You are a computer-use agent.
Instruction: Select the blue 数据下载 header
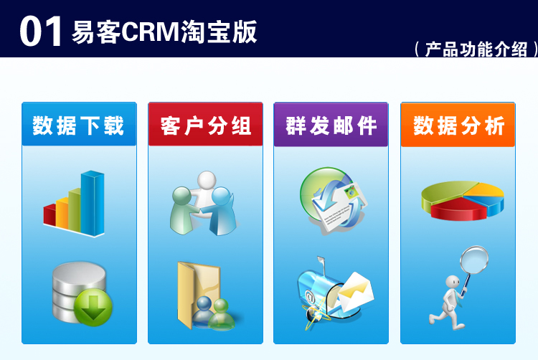(79, 125)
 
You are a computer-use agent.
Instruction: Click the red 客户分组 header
(206, 125)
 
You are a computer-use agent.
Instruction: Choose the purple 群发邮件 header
(331, 125)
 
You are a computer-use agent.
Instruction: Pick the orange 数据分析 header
(458, 125)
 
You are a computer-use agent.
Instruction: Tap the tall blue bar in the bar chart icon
(93, 202)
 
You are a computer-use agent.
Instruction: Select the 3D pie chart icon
(462, 200)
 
